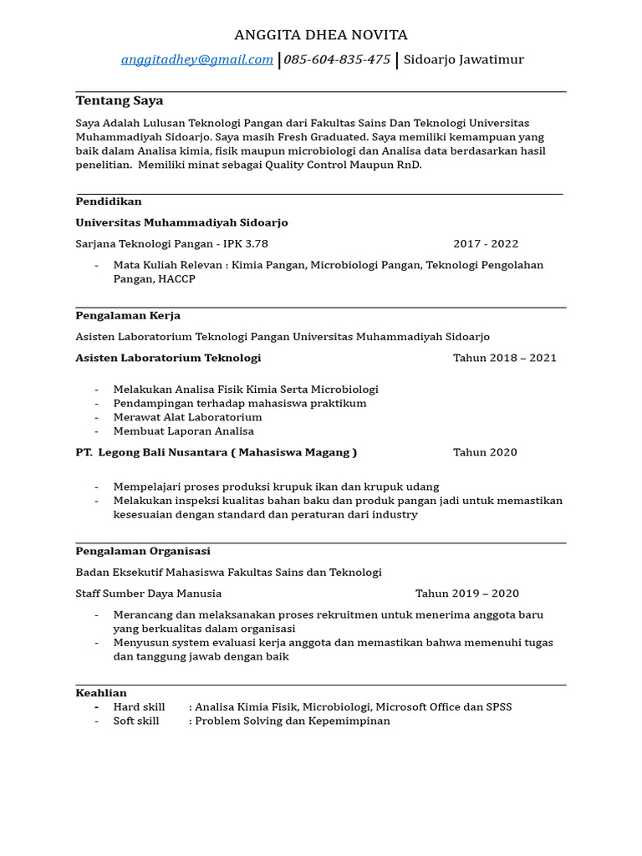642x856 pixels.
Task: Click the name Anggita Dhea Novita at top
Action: (x=321, y=35)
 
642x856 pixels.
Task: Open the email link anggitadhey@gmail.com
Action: (x=197, y=59)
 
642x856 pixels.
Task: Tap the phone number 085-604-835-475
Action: (x=337, y=59)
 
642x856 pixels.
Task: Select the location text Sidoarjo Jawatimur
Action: (x=463, y=59)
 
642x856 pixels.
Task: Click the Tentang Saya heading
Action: (x=120, y=101)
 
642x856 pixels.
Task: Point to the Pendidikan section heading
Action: (x=109, y=201)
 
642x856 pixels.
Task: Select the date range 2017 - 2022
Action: (x=486, y=244)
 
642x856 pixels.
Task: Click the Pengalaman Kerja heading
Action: (x=128, y=316)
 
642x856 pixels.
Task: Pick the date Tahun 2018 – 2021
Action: (x=505, y=358)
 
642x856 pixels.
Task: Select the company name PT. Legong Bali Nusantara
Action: (x=151, y=452)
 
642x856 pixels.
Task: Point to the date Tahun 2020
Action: (x=485, y=452)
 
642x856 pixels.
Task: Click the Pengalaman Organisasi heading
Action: (x=143, y=552)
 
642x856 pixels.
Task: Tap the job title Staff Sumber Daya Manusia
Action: (x=149, y=594)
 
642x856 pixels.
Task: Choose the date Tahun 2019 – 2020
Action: (x=467, y=594)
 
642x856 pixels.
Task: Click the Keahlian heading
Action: (x=101, y=693)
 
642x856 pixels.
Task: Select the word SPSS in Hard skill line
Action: (x=499, y=707)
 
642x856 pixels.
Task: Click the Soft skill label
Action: (x=136, y=721)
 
